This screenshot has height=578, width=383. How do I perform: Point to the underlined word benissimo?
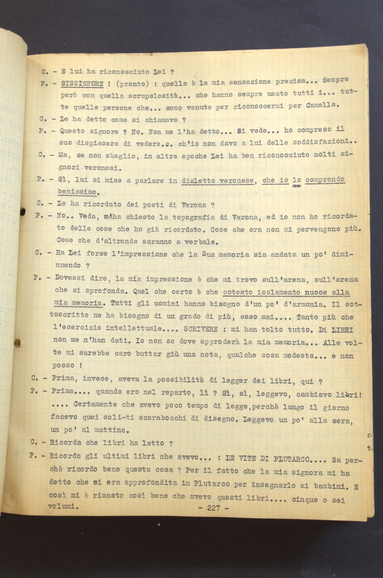tap(77, 192)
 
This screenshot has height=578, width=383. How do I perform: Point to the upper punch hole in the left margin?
tap(22, 211)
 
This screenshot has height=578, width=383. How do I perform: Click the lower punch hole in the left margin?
tap(17, 343)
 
